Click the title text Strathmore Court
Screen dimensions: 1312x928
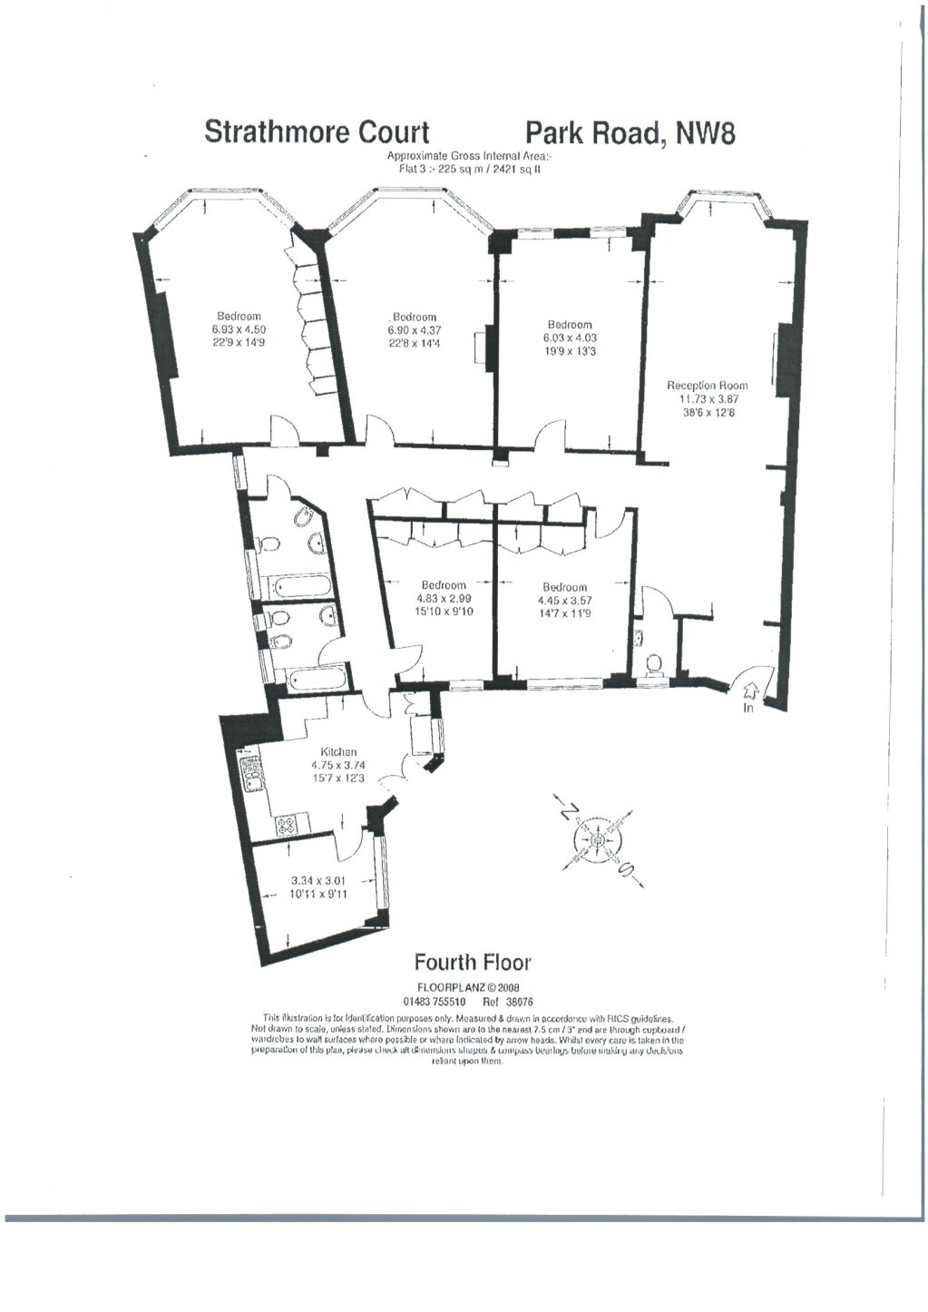coord(317,132)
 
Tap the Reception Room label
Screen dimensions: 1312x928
coord(708,385)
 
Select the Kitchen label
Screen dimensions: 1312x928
coord(338,752)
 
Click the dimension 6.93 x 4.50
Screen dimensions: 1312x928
coord(239,329)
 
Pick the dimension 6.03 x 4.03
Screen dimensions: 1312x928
coord(570,338)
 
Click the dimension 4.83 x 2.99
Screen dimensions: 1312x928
coord(444,599)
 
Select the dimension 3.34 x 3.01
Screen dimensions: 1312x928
coord(318,880)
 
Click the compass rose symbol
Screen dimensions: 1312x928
coord(598,839)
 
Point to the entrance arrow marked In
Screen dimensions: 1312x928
coord(749,695)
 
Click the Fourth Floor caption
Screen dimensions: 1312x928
coord(472,962)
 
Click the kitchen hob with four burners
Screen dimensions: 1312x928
coord(288,825)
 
